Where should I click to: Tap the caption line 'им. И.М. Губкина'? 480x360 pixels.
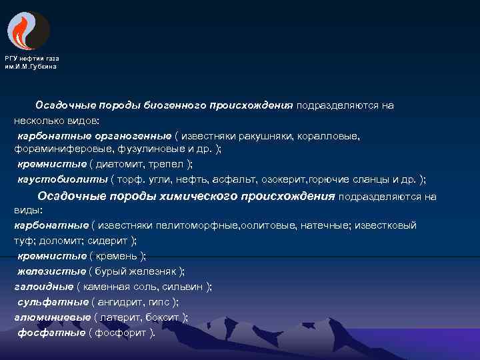pyautogui.click(x=31, y=66)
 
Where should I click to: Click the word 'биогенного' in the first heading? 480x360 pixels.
pyautogui.click(x=177, y=105)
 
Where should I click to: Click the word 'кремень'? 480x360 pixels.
pyautogui.click(x=117, y=255)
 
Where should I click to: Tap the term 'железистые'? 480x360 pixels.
pyautogui.click(x=51, y=271)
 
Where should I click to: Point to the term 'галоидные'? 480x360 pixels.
pyautogui.click(x=43, y=286)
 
